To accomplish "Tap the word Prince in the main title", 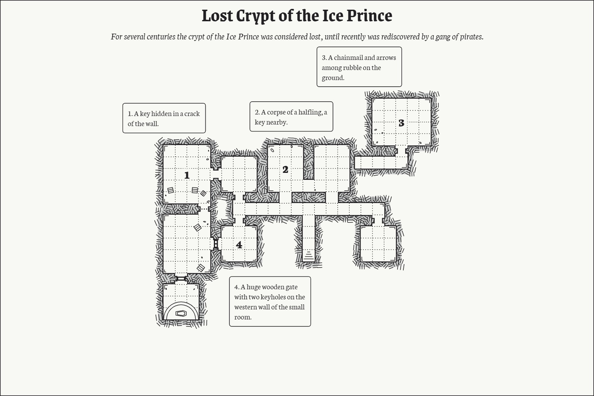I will pos(369,16).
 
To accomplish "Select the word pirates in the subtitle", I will pos(470,37).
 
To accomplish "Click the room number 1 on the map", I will pos(187,176).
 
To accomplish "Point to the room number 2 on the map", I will pos(285,170).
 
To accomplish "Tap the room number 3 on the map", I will pos(401,123).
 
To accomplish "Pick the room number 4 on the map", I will pos(239,245).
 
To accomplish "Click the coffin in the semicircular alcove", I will pos(181,313).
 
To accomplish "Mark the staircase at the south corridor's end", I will pos(308,255).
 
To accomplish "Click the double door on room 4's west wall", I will pos(216,244).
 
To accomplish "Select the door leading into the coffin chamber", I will pos(181,278).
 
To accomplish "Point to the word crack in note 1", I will pos(192,114).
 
